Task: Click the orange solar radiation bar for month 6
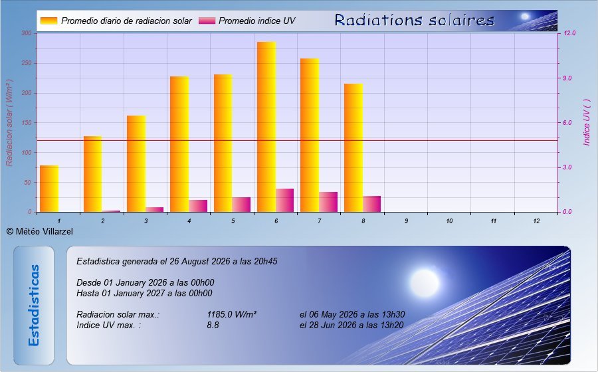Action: click(x=266, y=127)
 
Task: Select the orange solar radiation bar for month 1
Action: click(x=49, y=189)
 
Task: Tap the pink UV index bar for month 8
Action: click(x=372, y=204)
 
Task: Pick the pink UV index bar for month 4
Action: click(x=198, y=206)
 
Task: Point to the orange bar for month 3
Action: click(x=136, y=163)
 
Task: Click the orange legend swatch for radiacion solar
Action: click(x=49, y=21)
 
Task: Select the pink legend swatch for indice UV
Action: click(x=207, y=21)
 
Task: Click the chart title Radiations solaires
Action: click(x=415, y=20)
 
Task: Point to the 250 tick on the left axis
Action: click(x=27, y=63)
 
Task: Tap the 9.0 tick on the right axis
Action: click(x=567, y=78)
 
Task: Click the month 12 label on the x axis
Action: click(x=537, y=221)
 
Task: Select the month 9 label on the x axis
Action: click(x=407, y=221)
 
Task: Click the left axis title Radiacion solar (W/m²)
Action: click(x=9, y=123)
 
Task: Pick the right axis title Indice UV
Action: click(x=587, y=122)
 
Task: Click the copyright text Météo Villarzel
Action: click(x=40, y=231)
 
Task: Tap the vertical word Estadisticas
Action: click(x=34, y=306)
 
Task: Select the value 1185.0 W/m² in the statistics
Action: click(x=231, y=314)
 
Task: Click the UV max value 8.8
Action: click(x=213, y=325)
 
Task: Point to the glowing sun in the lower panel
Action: click(x=425, y=283)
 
